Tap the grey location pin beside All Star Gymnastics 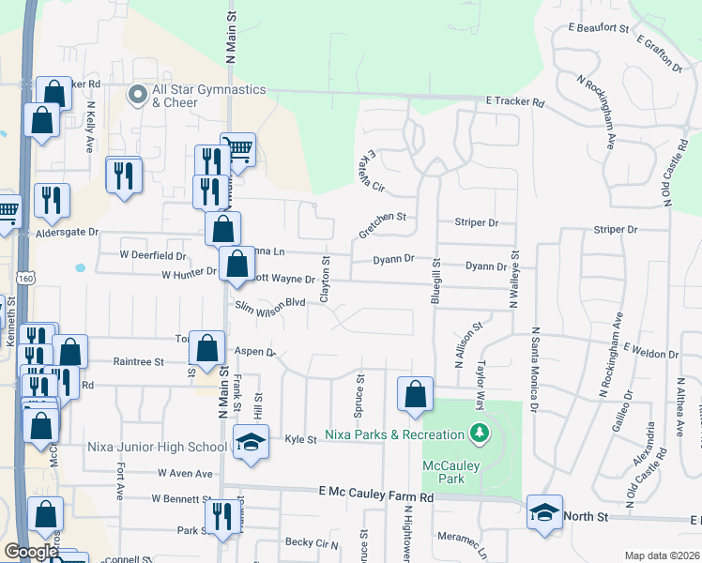[138, 94]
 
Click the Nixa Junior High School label [157, 447]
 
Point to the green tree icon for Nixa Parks [480, 434]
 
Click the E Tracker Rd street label [514, 101]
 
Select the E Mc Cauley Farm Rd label [375, 492]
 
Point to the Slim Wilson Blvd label [270, 302]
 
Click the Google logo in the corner [31, 552]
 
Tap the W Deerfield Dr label [153, 254]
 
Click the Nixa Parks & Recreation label [395, 434]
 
